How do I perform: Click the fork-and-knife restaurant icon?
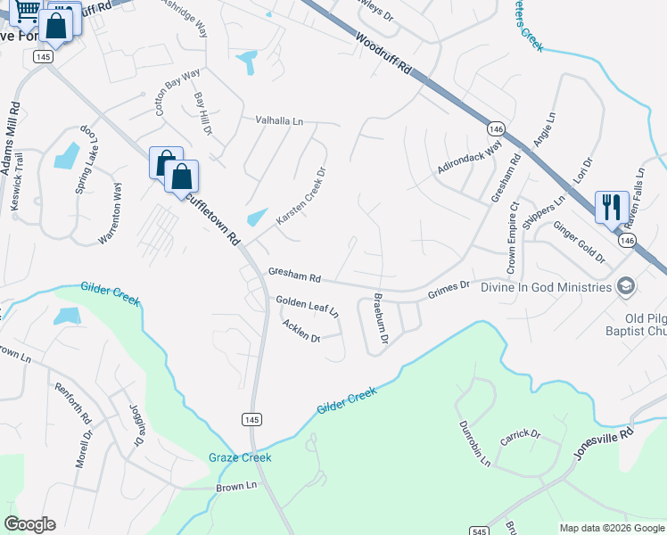tap(611, 207)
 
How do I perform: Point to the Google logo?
tap(29, 524)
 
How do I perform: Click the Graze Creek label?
tap(240, 457)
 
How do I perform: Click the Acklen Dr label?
tap(301, 332)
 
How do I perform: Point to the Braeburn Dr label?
tap(380, 318)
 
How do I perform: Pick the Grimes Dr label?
tap(450, 287)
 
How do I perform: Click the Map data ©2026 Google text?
tap(611, 528)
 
